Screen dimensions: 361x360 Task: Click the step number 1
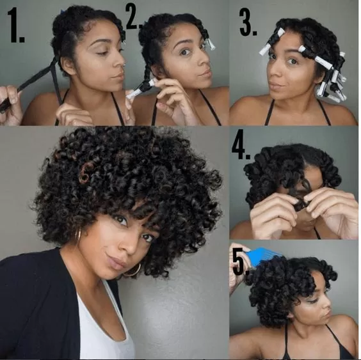coord(15,25)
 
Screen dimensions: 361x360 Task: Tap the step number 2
coord(134,17)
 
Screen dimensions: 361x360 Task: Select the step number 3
coord(248,22)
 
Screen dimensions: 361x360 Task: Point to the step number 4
coord(241,145)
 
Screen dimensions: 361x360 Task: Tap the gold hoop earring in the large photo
coord(133,270)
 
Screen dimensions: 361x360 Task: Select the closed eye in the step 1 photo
coord(102,53)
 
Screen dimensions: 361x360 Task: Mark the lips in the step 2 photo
coord(205,74)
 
